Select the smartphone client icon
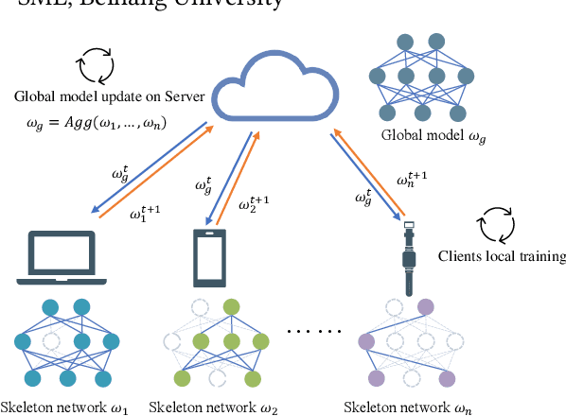point(209,256)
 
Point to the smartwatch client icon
point(410,258)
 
